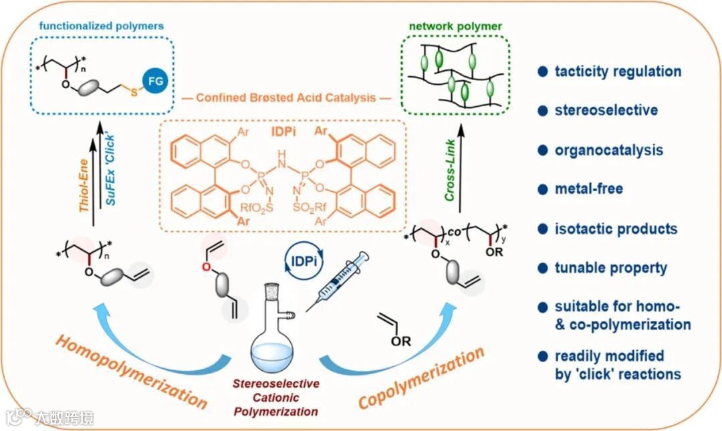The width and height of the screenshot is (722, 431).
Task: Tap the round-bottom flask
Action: pyautogui.click(x=271, y=334)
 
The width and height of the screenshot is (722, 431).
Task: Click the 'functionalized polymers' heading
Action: pyautogui.click(x=101, y=26)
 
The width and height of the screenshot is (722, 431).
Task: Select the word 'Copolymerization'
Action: pyautogui.click(x=421, y=378)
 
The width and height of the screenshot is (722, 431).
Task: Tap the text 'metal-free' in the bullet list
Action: pyautogui.click(x=588, y=188)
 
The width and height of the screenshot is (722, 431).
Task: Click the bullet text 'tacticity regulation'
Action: pyautogui.click(x=618, y=71)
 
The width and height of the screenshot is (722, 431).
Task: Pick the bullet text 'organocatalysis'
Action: pyautogui.click(x=608, y=150)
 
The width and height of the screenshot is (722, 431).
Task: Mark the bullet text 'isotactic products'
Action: pyautogui.click(x=616, y=229)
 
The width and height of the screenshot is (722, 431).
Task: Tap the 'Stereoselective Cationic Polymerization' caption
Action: pyautogui.click(x=275, y=398)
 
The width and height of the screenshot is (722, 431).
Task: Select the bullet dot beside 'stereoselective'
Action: pyautogui.click(x=543, y=111)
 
